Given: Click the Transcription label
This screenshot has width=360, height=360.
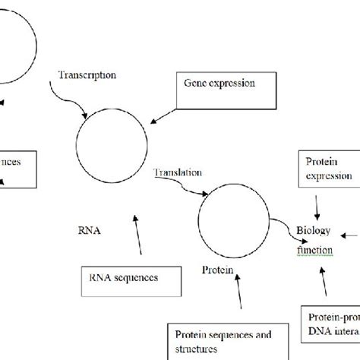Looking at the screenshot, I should pyautogui.click(x=87, y=76).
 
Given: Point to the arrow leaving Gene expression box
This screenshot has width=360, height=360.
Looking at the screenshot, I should pyautogui.click(x=163, y=113).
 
